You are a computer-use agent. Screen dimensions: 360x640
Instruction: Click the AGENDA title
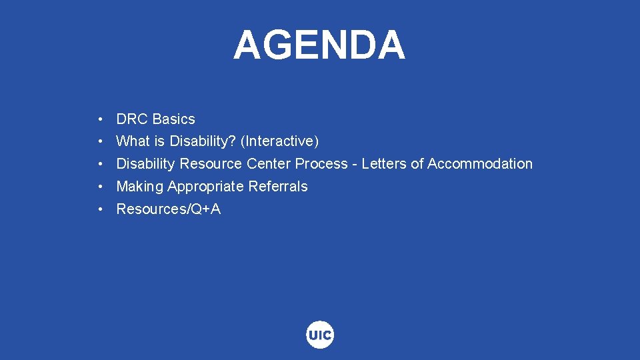pos(319,45)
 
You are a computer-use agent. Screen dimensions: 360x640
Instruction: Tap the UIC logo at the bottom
pos(320,335)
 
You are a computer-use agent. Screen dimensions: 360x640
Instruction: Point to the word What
pos(133,141)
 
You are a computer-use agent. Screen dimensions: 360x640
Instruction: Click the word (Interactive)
pos(280,141)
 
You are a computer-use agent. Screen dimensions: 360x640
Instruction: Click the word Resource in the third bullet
pos(211,164)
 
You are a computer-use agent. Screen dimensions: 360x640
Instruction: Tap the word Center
pos(269,164)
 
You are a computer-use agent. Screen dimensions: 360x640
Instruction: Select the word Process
pos(321,164)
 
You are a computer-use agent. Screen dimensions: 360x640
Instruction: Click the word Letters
pos(383,164)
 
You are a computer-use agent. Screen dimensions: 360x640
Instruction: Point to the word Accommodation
pos(480,164)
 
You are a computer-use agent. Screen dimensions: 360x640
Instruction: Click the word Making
pos(139,187)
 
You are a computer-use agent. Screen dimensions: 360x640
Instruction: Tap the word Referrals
pos(277,187)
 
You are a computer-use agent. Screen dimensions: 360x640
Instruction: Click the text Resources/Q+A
pos(168,209)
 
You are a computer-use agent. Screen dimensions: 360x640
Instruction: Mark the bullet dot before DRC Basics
pos(99,120)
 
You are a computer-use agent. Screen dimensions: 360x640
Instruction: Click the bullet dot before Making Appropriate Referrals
pos(99,187)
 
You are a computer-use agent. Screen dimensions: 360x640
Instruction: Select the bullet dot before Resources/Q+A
pos(99,210)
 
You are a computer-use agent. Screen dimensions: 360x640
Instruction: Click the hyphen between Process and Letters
pos(355,165)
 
